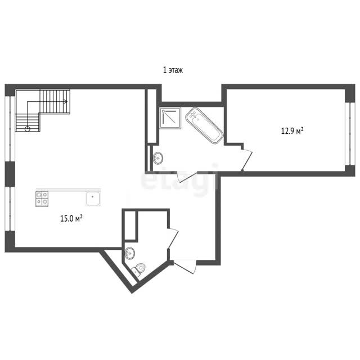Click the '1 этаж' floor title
[173, 70]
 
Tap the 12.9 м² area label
[292, 131]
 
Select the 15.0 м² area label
[71, 218]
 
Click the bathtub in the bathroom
[204, 125]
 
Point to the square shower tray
[170, 118]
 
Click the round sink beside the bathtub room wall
[158, 158]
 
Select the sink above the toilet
[130, 253]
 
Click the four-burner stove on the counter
[42, 199]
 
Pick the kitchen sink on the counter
[93, 199]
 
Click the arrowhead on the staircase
[66, 101]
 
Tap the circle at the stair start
[28, 129]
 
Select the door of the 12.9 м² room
[246, 160]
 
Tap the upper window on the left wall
[10, 129]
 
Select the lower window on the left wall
[10, 209]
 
